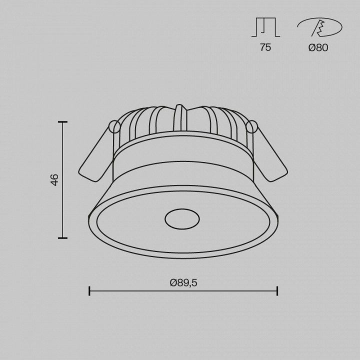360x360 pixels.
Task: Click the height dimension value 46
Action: point(55,180)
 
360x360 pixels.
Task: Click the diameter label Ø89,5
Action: point(183,282)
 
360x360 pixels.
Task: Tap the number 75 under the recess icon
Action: point(265,48)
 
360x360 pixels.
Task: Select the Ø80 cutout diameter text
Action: point(318,48)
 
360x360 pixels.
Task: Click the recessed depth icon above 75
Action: point(265,27)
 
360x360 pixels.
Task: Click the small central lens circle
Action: point(182,218)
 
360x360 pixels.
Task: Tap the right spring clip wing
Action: point(270,155)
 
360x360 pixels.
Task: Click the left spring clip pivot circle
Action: point(114,127)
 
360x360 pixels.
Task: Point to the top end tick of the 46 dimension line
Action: point(62,122)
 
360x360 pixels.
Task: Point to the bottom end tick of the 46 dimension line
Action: point(62,238)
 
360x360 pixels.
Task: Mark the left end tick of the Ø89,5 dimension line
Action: point(89,291)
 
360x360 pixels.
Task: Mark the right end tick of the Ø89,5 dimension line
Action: point(277,291)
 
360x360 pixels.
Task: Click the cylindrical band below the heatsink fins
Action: point(182,155)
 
